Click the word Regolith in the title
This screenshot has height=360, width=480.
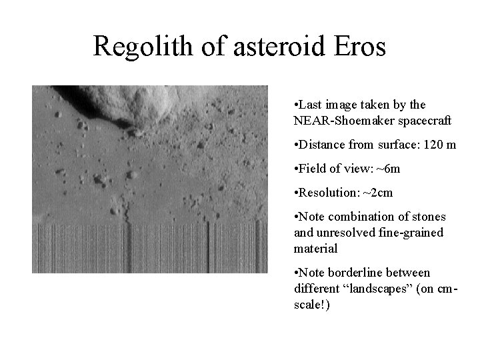pos(137,46)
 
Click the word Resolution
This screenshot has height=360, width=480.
pos(325,192)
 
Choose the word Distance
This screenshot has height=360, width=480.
pos(321,145)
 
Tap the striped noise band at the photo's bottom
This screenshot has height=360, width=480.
pos(149,248)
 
